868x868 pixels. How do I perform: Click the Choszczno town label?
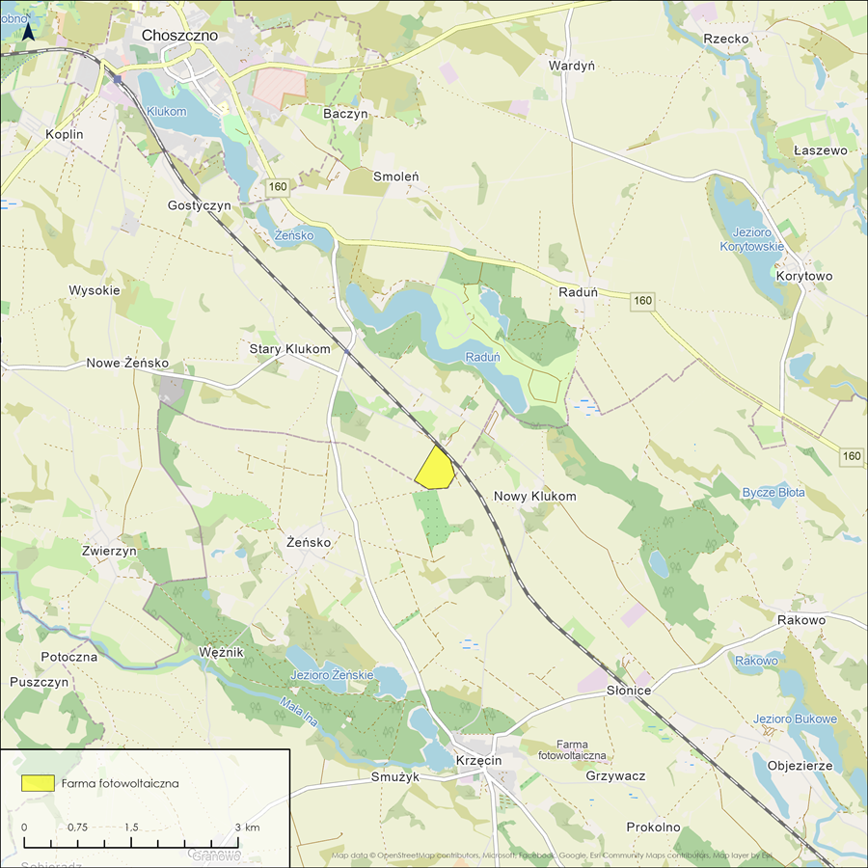click(179, 35)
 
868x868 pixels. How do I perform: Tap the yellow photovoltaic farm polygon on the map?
click(436, 470)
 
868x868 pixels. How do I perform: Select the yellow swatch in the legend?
click(40, 783)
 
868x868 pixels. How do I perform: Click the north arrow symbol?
click(29, 31)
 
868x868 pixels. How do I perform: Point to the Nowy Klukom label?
click(534, 497)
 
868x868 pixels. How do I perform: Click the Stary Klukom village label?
click(289, 349)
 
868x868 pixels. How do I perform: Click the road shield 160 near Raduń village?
click(644, 302)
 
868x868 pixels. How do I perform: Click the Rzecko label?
click(726, 39)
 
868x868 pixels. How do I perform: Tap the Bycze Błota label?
click(773, 493)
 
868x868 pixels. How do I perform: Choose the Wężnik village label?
click(222, 653)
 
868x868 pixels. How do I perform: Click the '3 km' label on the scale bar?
click(247, 827)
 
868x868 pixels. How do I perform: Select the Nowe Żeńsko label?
click(127, 364)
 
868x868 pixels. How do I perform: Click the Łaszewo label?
click(820, 151)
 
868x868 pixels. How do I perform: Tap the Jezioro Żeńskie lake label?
click(330, 675)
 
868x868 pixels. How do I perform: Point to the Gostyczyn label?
click(200, 206)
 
